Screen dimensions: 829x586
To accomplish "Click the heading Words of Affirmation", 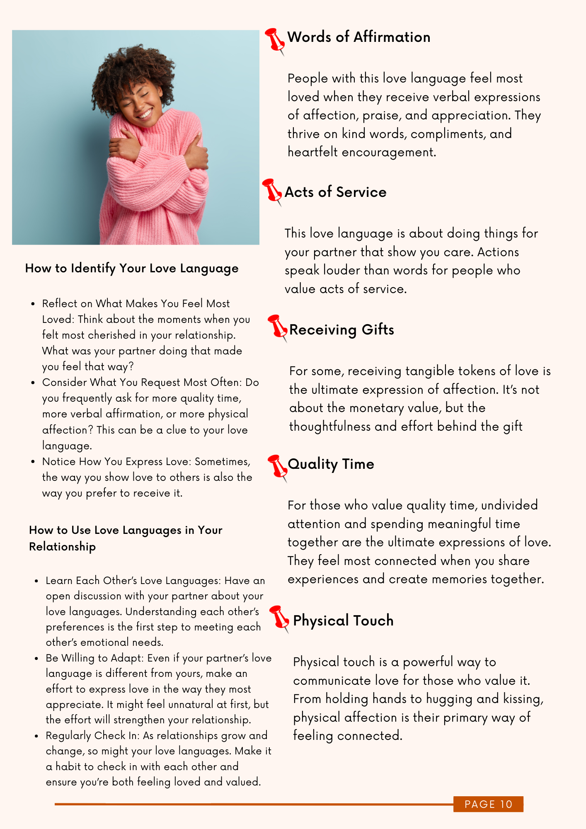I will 358,37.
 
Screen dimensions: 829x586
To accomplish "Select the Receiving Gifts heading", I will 341,330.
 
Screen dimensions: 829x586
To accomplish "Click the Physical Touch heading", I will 343,621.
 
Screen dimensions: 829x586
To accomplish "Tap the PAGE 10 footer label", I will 488,804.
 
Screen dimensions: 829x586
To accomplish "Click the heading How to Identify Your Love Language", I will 132,269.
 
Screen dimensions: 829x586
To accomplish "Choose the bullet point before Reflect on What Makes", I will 33,304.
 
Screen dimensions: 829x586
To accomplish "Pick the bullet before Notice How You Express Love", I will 33,462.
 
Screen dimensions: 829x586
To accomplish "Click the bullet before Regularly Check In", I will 36,736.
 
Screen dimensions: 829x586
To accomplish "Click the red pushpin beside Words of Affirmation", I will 275,40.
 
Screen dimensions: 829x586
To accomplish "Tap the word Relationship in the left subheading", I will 62,547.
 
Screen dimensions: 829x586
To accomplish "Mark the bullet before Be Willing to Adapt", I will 36,659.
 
